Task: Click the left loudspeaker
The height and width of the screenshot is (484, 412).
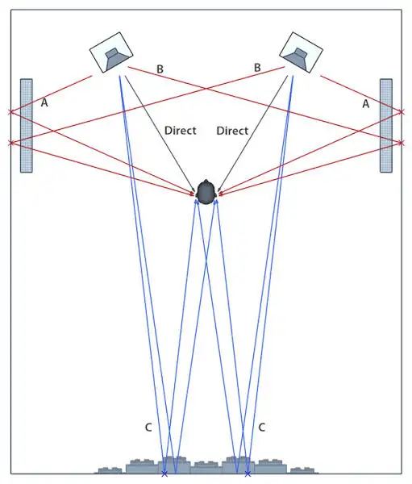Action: coord(111,52)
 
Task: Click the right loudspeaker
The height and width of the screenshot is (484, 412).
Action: coord(301,52)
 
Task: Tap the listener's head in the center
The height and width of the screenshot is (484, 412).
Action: coord(206,192)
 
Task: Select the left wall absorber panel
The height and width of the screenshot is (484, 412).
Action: coord(27,125)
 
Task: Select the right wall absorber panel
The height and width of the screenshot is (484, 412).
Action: coord(386,125)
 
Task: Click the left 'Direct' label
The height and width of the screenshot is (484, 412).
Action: coord(181,130)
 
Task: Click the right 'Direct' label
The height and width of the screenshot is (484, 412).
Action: coord(232,131)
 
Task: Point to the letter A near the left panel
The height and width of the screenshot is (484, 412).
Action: coord(44,102)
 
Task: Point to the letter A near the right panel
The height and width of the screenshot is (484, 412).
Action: coord(366,104)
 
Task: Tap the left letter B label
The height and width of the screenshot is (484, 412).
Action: coord(160,69)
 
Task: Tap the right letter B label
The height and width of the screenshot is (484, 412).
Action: coord(257,68)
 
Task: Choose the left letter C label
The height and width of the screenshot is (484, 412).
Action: coord(148,428)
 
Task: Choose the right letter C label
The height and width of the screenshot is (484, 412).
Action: coord(261,428)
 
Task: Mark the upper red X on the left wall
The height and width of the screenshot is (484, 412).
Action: coord(11,111)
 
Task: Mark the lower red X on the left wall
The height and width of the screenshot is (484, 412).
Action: coord(11,143)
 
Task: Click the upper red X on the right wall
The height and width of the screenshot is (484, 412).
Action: coord(402,111)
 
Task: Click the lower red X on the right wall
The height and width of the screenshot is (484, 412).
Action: coord(402,143)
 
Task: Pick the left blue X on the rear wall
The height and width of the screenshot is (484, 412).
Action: coord(164,474)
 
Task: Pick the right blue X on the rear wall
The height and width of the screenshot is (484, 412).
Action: coord(248,474)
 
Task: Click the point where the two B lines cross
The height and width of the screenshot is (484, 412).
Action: coord(206,89)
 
